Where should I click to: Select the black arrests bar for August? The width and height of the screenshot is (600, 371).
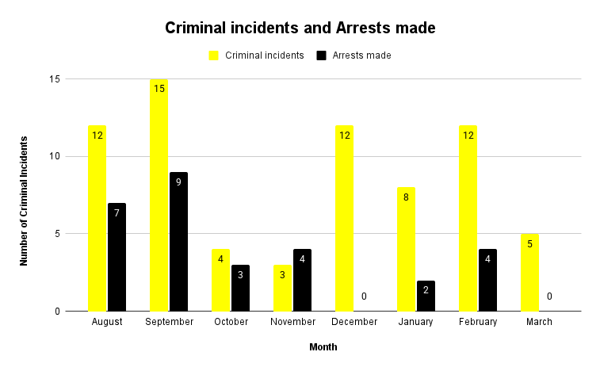pyautogui.click(x=117, y=257)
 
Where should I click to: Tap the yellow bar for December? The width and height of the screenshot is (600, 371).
pyautogui.click(x=344, y=218)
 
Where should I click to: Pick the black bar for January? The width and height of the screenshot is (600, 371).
pyautogui.click(x=426, y=296)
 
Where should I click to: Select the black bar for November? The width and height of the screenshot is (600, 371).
pyautogui.click(x=303, y=280)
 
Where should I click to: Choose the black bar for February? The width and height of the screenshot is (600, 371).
pyautogui.click(x=488, y=280)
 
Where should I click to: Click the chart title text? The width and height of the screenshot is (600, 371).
pyautogui.click(x=300, y=28)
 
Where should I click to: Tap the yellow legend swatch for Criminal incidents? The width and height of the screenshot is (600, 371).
pyautogui.click(x=214, y=55)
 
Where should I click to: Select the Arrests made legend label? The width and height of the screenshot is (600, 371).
pyautogui.click(x=361, y=55)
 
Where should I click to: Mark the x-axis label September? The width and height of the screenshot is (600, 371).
pyautogui.click(x=169, y=322)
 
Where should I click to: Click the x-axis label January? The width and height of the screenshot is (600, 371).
pyautogui.click(x=416, y=322)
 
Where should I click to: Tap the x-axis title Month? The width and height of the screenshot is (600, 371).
pyautogui.click(x=323, y=347)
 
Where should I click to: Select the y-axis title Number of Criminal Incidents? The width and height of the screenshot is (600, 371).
pyautogui.click(x=25, y=200)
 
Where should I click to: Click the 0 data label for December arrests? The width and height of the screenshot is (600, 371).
pyautogui.click(x=365, y=296)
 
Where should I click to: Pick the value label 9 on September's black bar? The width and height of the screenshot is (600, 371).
pyautogui.click(x=179, y=182)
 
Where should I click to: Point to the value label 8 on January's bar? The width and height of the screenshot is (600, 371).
pyautogui.click(x=406, y=197)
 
